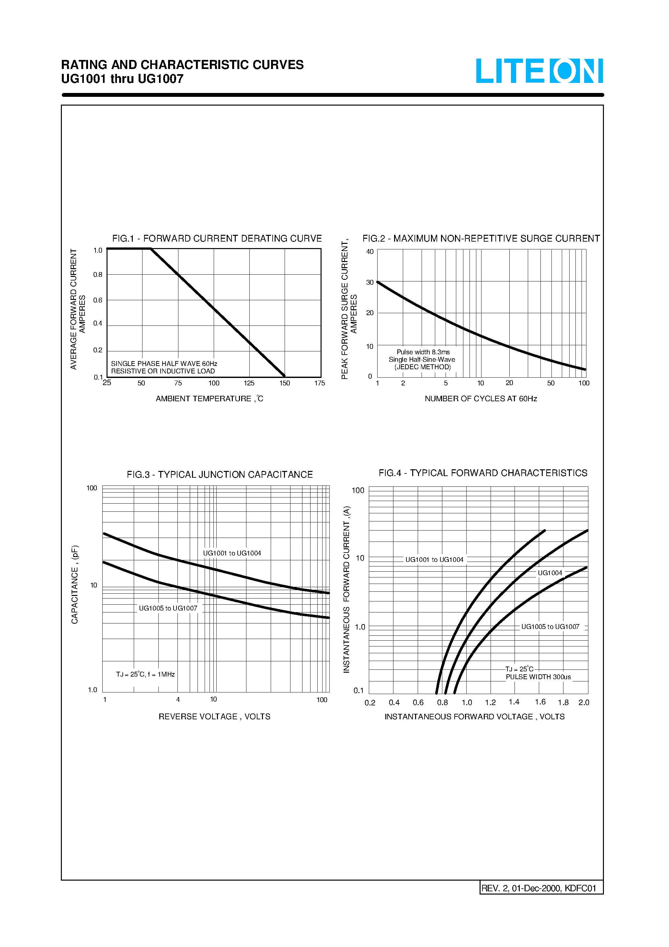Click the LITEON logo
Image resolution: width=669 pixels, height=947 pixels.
[x=539, y=71]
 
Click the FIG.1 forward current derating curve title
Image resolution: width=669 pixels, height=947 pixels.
[x=217, y=238]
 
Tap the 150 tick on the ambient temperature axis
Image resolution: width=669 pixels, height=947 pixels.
[x=285, y=383]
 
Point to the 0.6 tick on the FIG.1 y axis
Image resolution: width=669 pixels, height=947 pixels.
[x=98, y=300]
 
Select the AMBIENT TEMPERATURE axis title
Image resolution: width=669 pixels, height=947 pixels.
[x=209, y=399]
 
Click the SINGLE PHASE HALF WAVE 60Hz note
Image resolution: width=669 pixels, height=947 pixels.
[x=164, y=364]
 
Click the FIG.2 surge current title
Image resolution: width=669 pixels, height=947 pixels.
[x=481, y=238]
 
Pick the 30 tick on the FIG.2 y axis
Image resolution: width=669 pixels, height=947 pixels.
[x=370, y=282]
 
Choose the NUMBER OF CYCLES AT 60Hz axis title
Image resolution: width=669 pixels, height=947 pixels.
[x=481, y=399]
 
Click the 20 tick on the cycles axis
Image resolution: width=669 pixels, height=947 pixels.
[x=509, y=383]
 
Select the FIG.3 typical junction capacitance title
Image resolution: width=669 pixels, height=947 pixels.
[x=220, y=475]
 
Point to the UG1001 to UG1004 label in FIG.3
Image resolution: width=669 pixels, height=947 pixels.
[x=232, y=553]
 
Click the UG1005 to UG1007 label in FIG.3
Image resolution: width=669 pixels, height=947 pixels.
[x=168, y=608]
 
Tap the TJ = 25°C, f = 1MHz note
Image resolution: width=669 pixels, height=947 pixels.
[x=145, y=674]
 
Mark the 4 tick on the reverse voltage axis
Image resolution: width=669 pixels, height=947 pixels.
[x=178, y=700]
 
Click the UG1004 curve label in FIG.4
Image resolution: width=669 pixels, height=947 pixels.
[x=550, y=573]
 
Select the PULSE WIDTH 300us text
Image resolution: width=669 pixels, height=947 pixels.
[x=538, y=677]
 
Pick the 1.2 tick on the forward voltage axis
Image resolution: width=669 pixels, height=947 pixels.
[x=490, y=702]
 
